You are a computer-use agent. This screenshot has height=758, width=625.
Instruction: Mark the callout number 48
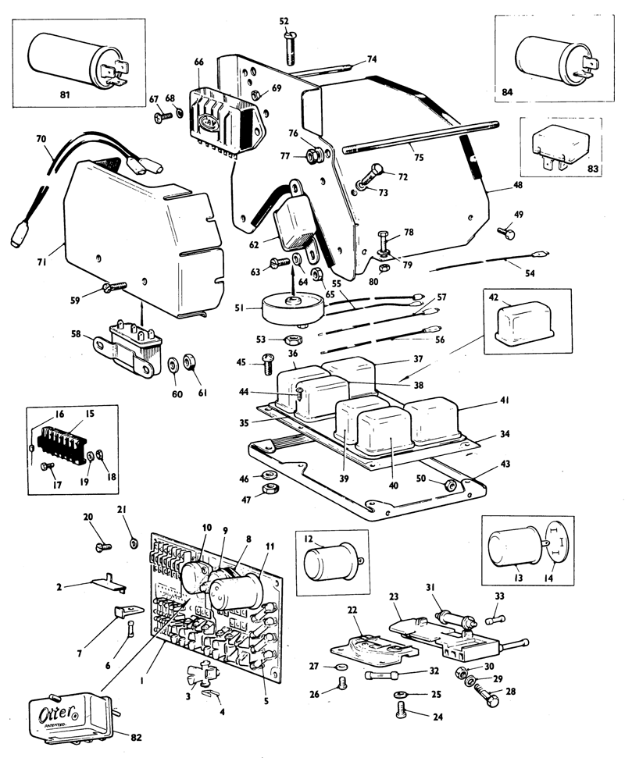coord(496,185)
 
